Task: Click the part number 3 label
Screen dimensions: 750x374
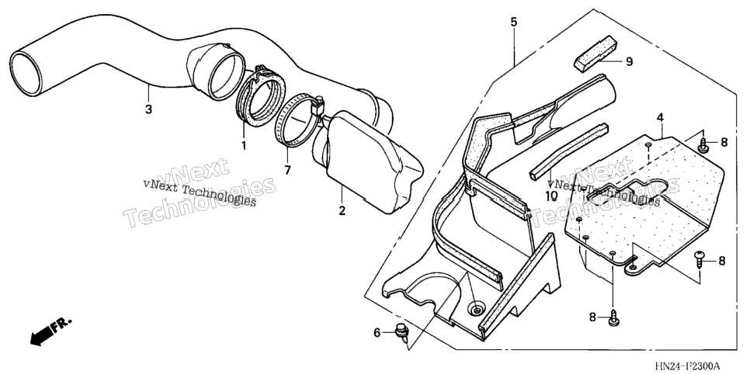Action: click(149, 109)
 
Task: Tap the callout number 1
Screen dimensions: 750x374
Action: click(244, 145)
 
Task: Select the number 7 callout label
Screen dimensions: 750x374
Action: click(287, 170)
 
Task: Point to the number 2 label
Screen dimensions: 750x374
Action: click(342, 210)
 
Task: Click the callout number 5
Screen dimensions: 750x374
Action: click(514, 22)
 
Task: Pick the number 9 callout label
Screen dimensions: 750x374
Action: click(629, 62)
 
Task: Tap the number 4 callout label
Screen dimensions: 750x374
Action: click(660, 118)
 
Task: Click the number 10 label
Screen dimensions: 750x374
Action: click(551, 196)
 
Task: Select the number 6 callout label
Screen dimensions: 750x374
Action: click(377, 332)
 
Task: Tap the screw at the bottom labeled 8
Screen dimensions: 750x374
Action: click(613, 319)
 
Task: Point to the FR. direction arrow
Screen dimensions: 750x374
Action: click(51, 330)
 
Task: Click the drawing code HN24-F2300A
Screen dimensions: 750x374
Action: click(687, 366)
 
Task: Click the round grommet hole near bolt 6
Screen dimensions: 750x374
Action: click(477, 311)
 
